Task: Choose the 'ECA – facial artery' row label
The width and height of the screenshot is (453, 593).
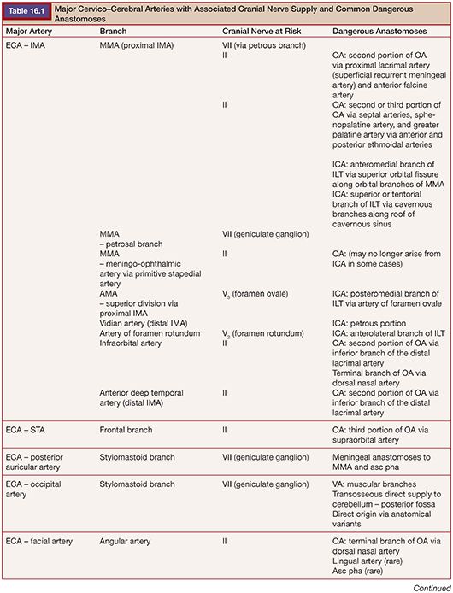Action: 38,541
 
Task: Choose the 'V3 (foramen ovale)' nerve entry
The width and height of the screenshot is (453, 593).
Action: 260,293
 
